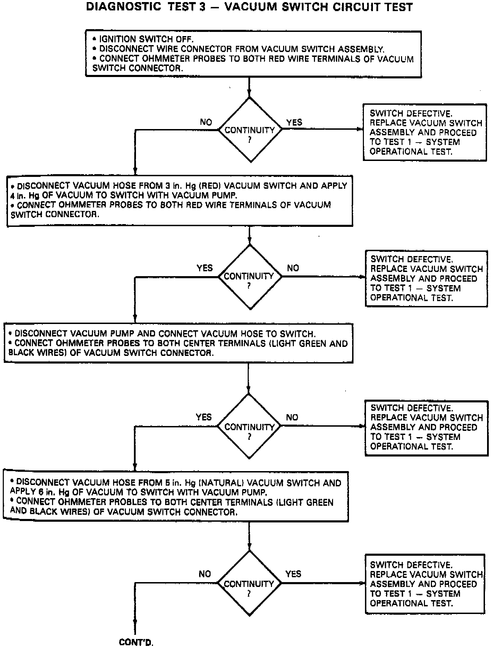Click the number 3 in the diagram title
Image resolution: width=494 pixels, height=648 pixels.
[x=202, y=7]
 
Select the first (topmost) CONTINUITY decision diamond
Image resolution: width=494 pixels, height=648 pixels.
[x=250, y=130]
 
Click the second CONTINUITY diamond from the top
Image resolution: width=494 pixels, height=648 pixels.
[x=250, y=277]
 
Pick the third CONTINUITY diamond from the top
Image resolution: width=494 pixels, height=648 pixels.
[x=249, y=426]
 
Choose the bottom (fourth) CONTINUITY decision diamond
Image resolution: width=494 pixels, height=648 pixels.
[x=249, y=584]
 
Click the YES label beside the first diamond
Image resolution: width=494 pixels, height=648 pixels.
[x=294, y=122]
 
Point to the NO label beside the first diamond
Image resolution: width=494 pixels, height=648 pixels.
[x=206, y=122]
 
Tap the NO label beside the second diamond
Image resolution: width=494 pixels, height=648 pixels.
[x=293, y=268]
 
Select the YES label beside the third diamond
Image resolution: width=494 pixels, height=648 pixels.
[x=204, y=417]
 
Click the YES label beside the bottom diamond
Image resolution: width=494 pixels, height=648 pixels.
[x=293, y=574]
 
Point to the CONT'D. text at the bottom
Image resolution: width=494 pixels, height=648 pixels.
[x=136, y=642]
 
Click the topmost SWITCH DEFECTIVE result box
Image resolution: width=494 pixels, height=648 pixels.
[x=425, y=132]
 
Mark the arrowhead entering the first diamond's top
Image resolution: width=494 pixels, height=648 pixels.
[x=249, y=94]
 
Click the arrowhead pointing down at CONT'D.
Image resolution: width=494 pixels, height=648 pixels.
[x=135, y=622]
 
